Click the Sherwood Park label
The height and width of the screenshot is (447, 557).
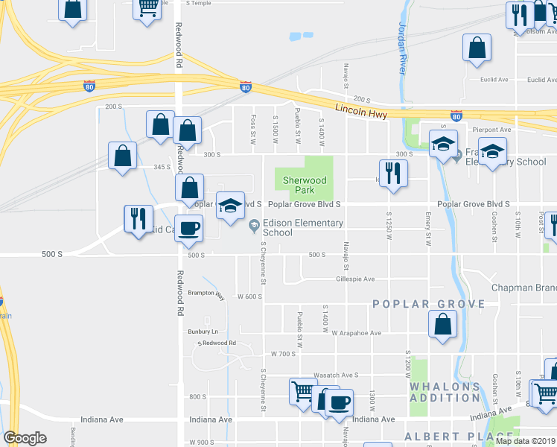(304, 185)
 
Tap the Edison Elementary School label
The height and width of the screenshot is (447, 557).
(302, 227)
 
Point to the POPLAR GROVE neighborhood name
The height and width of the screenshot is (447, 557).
(427, 304)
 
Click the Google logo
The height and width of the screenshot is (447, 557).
(25, 438)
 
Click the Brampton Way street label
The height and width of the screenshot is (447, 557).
(206, 294)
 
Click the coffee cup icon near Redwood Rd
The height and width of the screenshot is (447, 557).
(188, 228)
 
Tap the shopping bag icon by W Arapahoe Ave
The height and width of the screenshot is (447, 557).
(443, 323)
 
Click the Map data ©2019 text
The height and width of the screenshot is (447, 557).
(524, 441)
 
